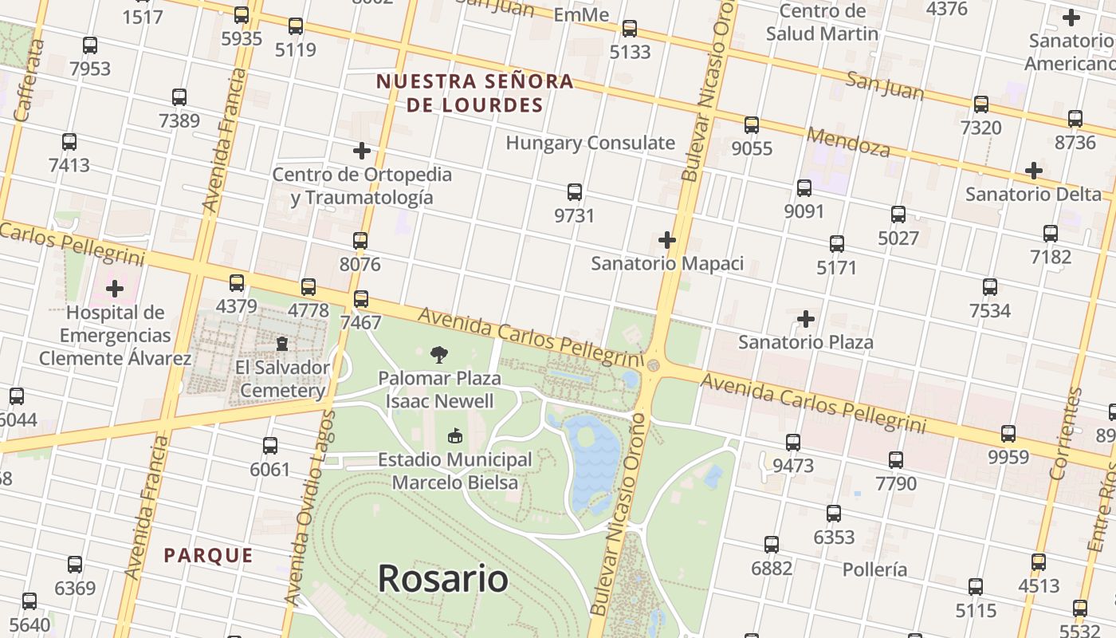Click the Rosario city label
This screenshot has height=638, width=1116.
[x=442, y=578]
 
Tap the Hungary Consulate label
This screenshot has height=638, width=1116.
[x=590, y=144]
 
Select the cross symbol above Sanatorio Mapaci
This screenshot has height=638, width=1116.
[x=667, y=240]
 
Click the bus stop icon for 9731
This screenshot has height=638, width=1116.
[x=575, y=192]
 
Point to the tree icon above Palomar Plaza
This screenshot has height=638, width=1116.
[x=439, y=355]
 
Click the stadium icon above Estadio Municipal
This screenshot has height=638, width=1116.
[x=455, y=435]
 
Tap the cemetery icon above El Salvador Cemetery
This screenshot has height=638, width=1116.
[x=282, y=345]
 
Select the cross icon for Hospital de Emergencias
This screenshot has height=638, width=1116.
[x=115, y=288]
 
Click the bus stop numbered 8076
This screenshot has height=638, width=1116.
[x=360, y=241]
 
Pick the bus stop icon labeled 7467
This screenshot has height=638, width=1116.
[x=361, y=299]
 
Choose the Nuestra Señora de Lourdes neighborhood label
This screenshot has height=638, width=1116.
[x=475, y=93]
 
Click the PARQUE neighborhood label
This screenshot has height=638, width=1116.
[x=208, y=556]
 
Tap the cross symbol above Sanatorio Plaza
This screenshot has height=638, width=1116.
[x=806, y=320]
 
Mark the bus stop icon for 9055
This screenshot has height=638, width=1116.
[x=752, y=125]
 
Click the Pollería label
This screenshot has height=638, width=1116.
[x=874, y=569]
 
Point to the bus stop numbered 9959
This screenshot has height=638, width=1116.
[x=1008, y=434]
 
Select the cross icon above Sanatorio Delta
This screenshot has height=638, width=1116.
[x=1034, y=171]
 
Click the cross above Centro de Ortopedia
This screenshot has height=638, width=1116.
[x=362, y=150]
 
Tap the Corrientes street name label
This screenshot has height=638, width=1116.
[x=1066, y=434]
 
